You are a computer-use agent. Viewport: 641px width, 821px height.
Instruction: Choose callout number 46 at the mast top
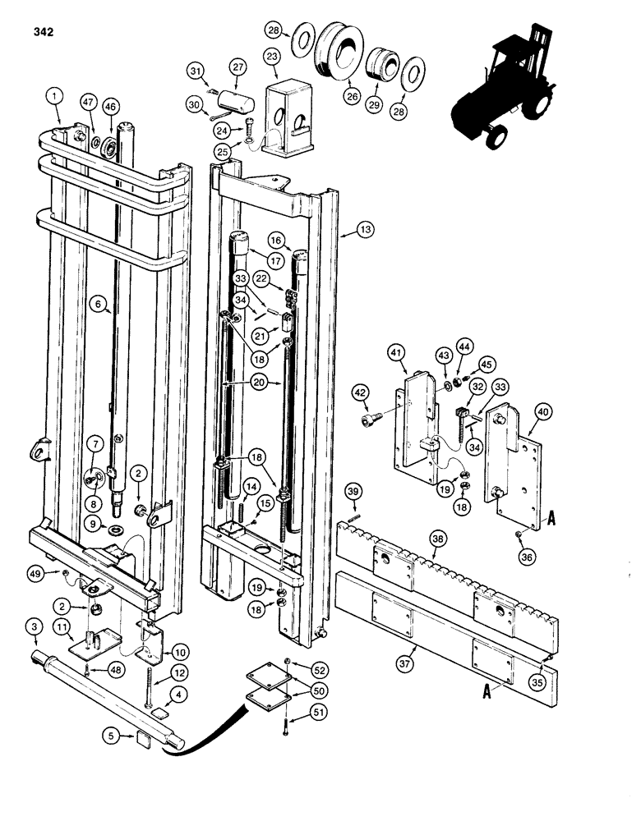[110, 106]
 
